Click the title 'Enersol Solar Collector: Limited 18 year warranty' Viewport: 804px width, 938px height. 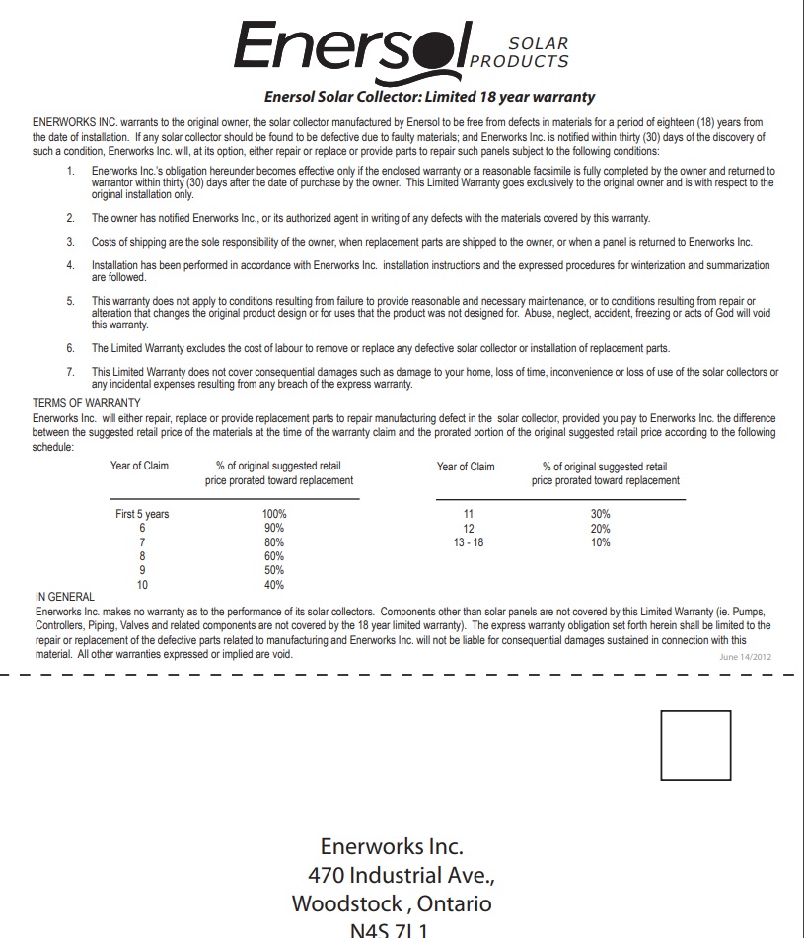coord(429,97)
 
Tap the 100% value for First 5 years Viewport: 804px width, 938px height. coord(274,514)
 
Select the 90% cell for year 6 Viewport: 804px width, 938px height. coord(274,528)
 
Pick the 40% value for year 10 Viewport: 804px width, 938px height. coord(274,585)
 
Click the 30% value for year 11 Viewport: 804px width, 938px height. coord(600,514)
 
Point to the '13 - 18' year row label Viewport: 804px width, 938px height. coord(469,542)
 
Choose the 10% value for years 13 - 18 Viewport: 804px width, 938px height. coord(600,542)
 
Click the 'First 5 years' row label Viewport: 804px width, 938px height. coord(142,514)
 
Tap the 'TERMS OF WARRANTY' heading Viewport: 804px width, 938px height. coord(87,403)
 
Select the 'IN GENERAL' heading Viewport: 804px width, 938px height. coord(65,597)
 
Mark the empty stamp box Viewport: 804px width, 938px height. coord(695,746)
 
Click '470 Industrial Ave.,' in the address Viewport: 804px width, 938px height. coord(401,875)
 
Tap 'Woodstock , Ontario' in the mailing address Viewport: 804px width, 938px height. coord(392,903)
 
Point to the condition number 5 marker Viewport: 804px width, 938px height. coord(70,300)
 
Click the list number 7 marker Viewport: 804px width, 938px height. coord(70,372)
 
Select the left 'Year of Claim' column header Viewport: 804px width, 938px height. coord(139,466)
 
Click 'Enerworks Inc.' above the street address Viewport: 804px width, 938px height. coord(392,846)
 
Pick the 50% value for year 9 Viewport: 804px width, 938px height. coord(274,570)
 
